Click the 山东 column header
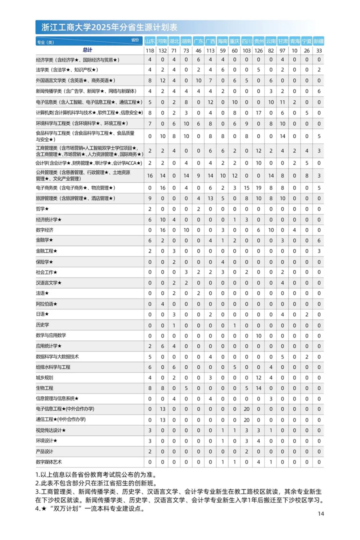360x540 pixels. [x=150, y=41]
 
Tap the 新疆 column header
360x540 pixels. [x=319, y=41]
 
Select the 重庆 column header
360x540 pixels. [x=234, y=41]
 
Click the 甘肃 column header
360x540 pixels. [x=283, y=41]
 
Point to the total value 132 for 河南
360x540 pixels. [x=162, y=51]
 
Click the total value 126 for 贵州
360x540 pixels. [x=258, y=51]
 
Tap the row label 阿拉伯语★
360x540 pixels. [x=46, y=304]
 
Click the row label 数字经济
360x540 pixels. [x=44, y=230]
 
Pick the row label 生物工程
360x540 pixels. [x=44, y=388]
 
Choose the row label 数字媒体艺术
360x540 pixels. [x=49, y=462]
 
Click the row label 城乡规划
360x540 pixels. [x=44, y=378]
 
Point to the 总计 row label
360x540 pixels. [x=88, y=50]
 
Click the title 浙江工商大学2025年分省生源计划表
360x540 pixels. [x=109, y=28]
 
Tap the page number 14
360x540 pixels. [x=321, y=514]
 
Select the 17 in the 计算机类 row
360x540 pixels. [x=258, y=113]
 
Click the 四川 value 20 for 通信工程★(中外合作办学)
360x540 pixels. [x=247, y=420]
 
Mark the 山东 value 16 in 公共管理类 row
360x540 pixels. [x=150, y=176]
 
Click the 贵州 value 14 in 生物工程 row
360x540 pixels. [x=258, y=388]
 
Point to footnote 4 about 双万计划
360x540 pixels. [x=90, y=509]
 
